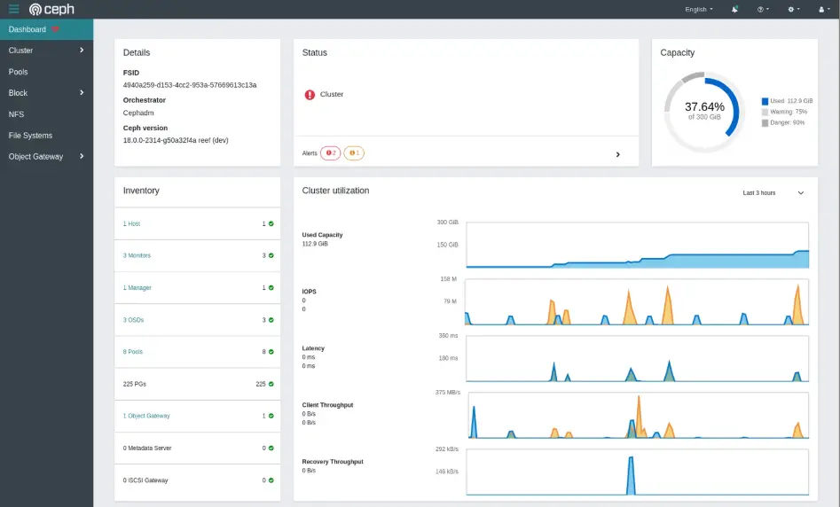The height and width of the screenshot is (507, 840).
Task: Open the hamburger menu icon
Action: [13, 9]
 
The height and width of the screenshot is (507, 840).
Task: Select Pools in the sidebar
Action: [19, 72]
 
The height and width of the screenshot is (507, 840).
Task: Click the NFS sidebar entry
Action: [16, 114]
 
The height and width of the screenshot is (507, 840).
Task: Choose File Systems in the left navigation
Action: [30, 136]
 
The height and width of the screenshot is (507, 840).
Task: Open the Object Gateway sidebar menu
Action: [35, 157]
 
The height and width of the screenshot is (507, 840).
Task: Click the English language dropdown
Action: [698, 9]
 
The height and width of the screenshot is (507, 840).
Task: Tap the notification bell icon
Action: [734, 9]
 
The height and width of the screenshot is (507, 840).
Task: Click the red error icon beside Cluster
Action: [310, 94]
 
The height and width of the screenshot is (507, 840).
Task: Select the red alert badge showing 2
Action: [330, 153]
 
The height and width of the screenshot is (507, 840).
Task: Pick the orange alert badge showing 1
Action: [353, 153]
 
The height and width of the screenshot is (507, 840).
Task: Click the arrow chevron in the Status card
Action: [617, 154]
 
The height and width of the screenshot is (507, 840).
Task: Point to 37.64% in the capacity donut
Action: [704, 107]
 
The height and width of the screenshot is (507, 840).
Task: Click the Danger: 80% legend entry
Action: [788, 122]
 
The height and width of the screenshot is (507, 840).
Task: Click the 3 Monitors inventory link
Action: [137, 255]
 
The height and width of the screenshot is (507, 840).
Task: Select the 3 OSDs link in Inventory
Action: [133, 320]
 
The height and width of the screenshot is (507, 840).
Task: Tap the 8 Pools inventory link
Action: [133, 352]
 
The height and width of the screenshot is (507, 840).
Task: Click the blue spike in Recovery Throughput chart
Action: [631, 474]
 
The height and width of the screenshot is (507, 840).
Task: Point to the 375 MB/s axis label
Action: [447, 392]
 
